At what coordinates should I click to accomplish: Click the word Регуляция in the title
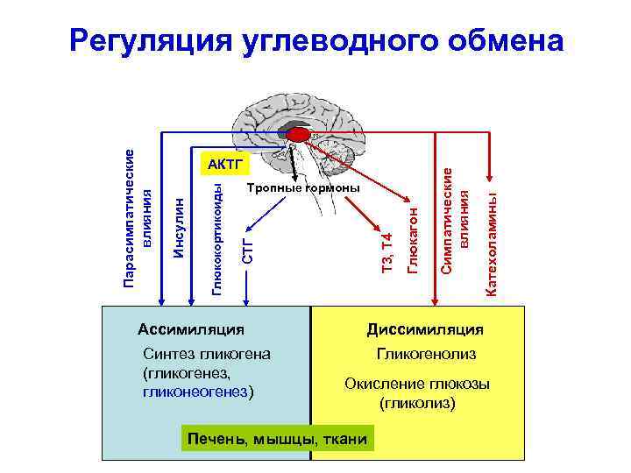pyautogui.click(x=149, y=40)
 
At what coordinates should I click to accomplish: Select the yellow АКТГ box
pyautogui.click(x=226, y=164)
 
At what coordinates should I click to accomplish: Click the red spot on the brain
pyautogui.click(x=300, y=134)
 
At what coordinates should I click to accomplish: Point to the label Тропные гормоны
pyautogui.click(x=303, y=188)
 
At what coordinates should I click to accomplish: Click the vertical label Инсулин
pyautogui.click(x=179, y=228)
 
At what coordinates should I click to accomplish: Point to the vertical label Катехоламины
pyautogui.click(x=493, y=237)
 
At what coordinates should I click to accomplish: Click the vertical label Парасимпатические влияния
pyautogui.click(x=138, y=219)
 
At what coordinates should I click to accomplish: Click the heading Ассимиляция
pyautogui.click(x=191, y=329)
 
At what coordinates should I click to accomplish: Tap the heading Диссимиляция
pyautogui.click(x=425, y=329)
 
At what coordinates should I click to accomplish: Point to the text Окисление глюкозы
pyautogui.click(x=417, y=384)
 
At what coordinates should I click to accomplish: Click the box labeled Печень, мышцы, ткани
pyautogui.click(x=273, y=439)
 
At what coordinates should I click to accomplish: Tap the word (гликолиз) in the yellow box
pyautogui.click(x=418, y=404)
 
